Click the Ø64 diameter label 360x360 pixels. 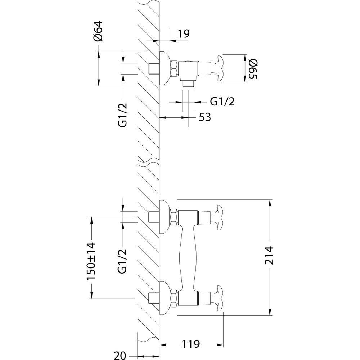coord(98,31)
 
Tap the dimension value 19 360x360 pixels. coord(184,33)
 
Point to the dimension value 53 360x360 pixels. coord(204,117)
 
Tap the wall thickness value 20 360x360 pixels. coord(120,356)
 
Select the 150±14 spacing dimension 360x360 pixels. coord(91,261)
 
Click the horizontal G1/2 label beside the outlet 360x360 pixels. coord(222,102)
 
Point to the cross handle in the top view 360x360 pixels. coord(219,68)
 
